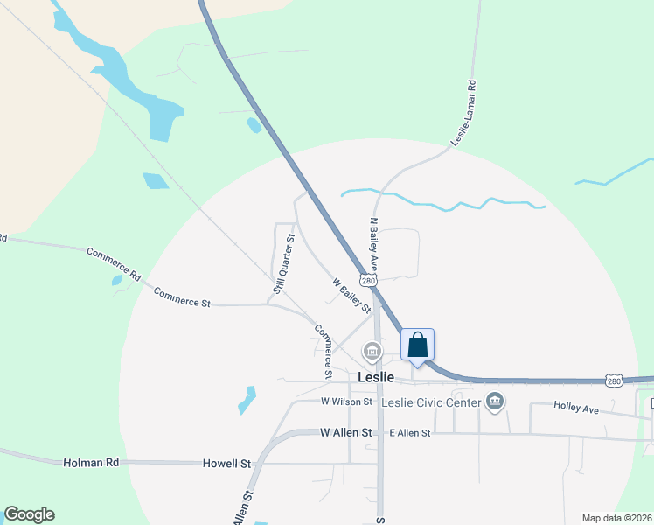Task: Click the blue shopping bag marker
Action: pyautogui.click(x=417, y=344)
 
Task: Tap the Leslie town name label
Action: pyautogui.click(x=376, y=377)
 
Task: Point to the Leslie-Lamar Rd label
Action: pyautogui.click(x=463, y=114)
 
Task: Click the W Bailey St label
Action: pyautogui.click(x=351, y=296)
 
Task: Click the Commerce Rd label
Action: pyautogui.click(x=114, y=263)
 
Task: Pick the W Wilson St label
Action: pyautogui.click(x=346, y=402)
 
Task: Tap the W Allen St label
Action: pyautogui.click(x=346, y=433)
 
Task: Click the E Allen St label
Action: pyautogui.click(x=410, y=433)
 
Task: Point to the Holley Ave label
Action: pyautogui.click(x=575, y=407)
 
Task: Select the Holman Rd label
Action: pyautogui.click(x=90, y=462)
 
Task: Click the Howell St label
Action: pyautogui.click(x=226, y=462)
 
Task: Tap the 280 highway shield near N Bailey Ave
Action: pyautogui.click(x=372, y=279)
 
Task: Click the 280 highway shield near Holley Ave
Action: pyautogui.click(x=614, y=381)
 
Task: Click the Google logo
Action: pyautogui.click(x=29, y=514)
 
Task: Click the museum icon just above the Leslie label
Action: pyautogui.click(x=372, y=352)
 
